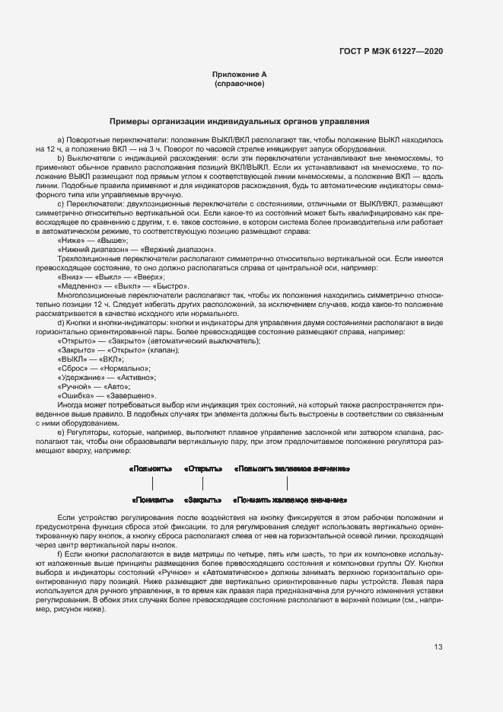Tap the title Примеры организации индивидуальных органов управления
[239, 120]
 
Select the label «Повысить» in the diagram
[151, 468]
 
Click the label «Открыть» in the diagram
[203, 468]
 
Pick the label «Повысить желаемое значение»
[291, 468]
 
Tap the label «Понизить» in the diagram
[152, 500]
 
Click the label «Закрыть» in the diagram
[203, 500]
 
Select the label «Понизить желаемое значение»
[290, 500]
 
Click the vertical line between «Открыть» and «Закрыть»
[202, 484]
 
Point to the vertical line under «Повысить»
[153, 484]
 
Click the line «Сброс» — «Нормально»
[98, 368]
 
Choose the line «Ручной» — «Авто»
[91, 386]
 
